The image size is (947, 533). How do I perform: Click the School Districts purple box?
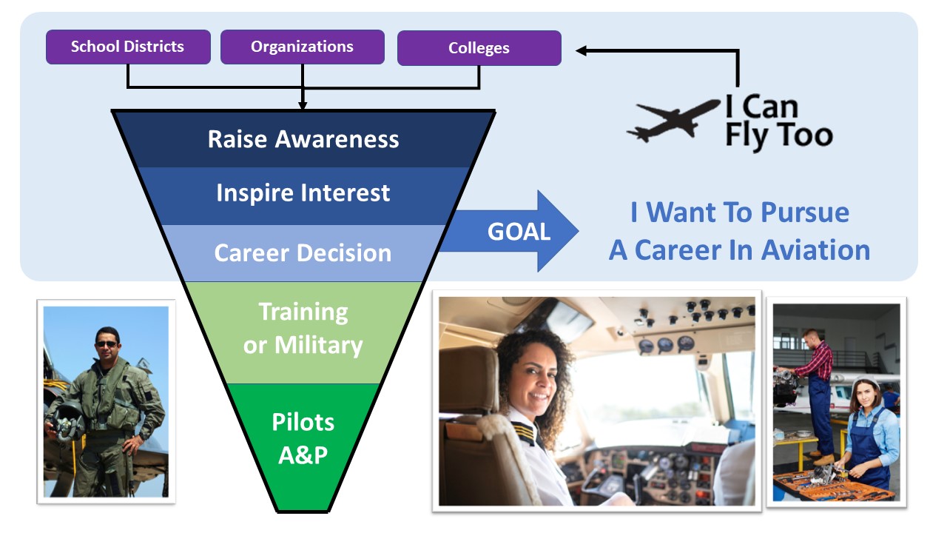point(128,47)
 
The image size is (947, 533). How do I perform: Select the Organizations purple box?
point(302,47)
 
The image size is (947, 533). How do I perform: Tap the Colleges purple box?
point(479,48)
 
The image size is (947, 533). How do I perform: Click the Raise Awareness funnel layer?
point(303,139)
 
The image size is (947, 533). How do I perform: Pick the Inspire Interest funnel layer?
point(303,194)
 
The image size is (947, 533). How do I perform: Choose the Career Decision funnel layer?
point(303,253)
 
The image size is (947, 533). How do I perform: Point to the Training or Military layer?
point(303,329)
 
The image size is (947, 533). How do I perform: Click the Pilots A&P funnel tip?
point(303,438)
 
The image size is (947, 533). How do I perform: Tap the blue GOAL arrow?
point(518,232)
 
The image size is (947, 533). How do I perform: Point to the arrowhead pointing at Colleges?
point(582,50)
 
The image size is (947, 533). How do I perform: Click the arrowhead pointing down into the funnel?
point(303,105)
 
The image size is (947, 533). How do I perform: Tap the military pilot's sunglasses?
point(107,343)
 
